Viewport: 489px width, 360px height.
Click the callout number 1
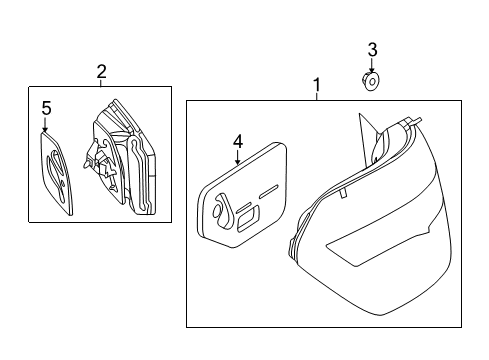pyautogui.click(x=317, y=85)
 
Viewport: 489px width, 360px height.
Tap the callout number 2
pyautogui.click(x=101, y=71)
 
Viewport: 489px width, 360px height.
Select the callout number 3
pyautogui.click(x=372, y=50)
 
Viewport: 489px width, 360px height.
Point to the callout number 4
pyautogui.click(x=238, y=142)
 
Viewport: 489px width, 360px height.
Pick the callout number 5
pyautogui.click(x=46, y=108)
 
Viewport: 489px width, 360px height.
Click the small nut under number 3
pyautogui.click(x=371, y=81)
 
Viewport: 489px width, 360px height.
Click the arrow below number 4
pyautogui.click(x=237, y=157)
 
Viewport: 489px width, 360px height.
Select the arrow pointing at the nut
pyautogui.click(x=372, y=65)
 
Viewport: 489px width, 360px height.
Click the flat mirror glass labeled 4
pyautogui.click(x=242, y=195)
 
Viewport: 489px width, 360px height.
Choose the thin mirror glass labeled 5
pyautogui.click(x=56, y=172)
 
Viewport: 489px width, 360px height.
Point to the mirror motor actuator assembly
pyautogui.click(x=119, y=157)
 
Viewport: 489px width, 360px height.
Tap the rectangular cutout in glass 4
pyautogui.click(x=248, y=220)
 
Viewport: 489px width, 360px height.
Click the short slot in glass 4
pyautogui.click(x=269, y=192)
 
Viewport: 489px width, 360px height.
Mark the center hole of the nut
pyautogui.click(x=372, y=81)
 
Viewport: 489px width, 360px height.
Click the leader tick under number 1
pyautogui.click(x=317, y=97)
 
